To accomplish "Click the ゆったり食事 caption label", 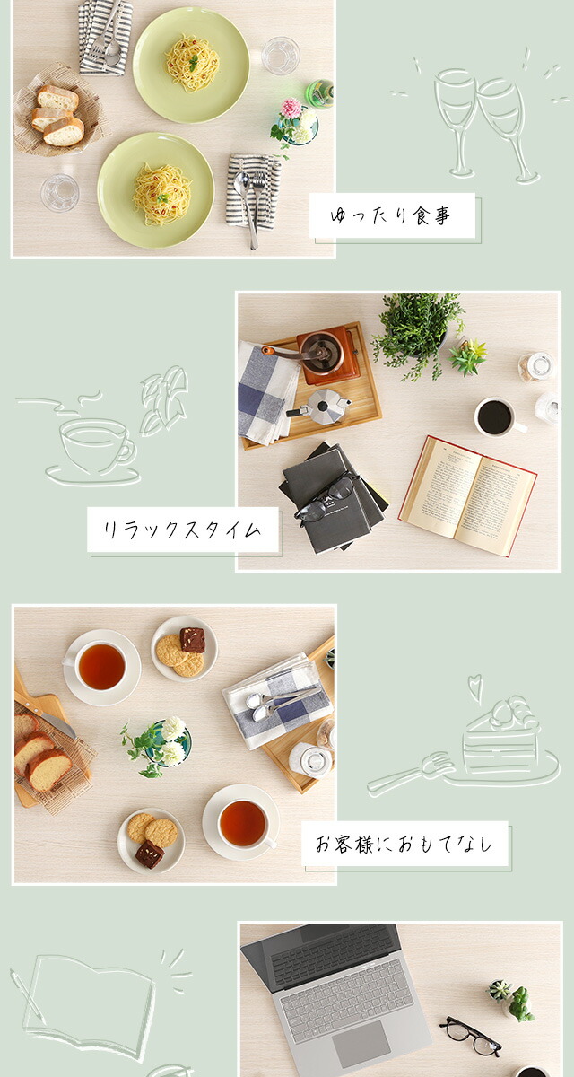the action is pyautogui.click(x=392, y=215).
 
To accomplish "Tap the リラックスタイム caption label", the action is pyautogui.click(x=183, y=530).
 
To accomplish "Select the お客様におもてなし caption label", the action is pyautogui.click(x=404, y=844).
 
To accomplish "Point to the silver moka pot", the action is pyautogui.click(x=319, y=407).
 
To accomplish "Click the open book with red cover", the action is pyautogui.click(x=467, y=495).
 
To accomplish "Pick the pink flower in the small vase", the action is pyautogui.click(x=291, y=109).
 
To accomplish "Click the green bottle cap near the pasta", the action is pyautogui.click(x=320, y=93).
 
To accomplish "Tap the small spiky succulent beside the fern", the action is pyautogui.click(x=467, y=356).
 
